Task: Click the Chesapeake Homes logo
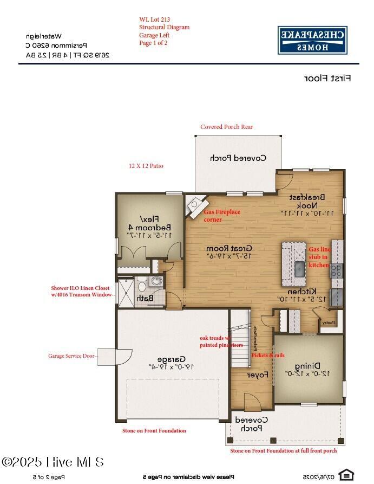click(x=312, y=40)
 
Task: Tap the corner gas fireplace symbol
click(x=193, y=205)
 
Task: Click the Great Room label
click(x=230, y=251)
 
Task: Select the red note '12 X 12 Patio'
click(x=146, y=166)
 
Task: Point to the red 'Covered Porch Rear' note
click(x=226, y=127)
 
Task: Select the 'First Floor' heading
click(x=327, y=78)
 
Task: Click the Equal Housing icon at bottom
click(x=345, y=475)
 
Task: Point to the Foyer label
click(x=258, y=375)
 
